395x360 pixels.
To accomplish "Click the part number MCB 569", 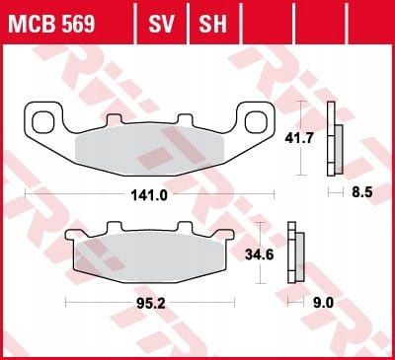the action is coord(51,24).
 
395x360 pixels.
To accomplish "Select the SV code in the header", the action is coord(161,24).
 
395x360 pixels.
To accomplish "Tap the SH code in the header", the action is coord(212,24).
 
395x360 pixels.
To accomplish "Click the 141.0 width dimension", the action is coord(149,195).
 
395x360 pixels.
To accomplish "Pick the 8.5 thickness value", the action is coord(362,192).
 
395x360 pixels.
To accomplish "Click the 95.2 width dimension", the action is coord(151,304).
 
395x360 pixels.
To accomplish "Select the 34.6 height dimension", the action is coord(259,254).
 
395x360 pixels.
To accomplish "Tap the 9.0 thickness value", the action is coord(323,303).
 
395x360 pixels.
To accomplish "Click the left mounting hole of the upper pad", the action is coord(42,122).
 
